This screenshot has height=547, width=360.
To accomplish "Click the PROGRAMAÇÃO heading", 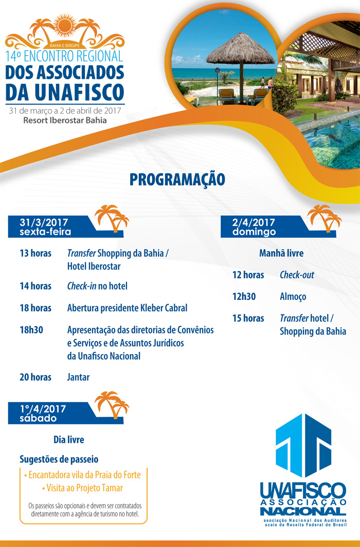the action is click(x=177, y=179).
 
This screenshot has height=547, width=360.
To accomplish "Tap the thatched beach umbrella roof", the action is click(x=241, y=49).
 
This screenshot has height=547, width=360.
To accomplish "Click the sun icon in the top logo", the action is click(x=65, y=25).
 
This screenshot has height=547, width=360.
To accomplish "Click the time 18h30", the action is click(x=31, y=330).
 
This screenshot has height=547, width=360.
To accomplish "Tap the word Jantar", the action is click(x=78, y=377).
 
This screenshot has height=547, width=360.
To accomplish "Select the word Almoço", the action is click(x=293, y=297).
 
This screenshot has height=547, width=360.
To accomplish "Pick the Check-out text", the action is click(x=297, y=275).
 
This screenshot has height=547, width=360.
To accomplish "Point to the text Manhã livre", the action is click(x=281, y=253).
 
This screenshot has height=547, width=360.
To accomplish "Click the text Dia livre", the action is click(x=68, y=439).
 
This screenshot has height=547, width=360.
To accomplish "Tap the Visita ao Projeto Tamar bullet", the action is click(x=83, y=488).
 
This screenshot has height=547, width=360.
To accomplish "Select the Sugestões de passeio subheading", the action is click(x=59, y=460).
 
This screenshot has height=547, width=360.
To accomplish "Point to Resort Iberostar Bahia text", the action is click(x=65, y=120).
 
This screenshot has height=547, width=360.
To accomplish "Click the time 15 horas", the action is click(x=248, y=318).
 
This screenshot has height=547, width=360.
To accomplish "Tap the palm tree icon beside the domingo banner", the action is click(x=325, y=218).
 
